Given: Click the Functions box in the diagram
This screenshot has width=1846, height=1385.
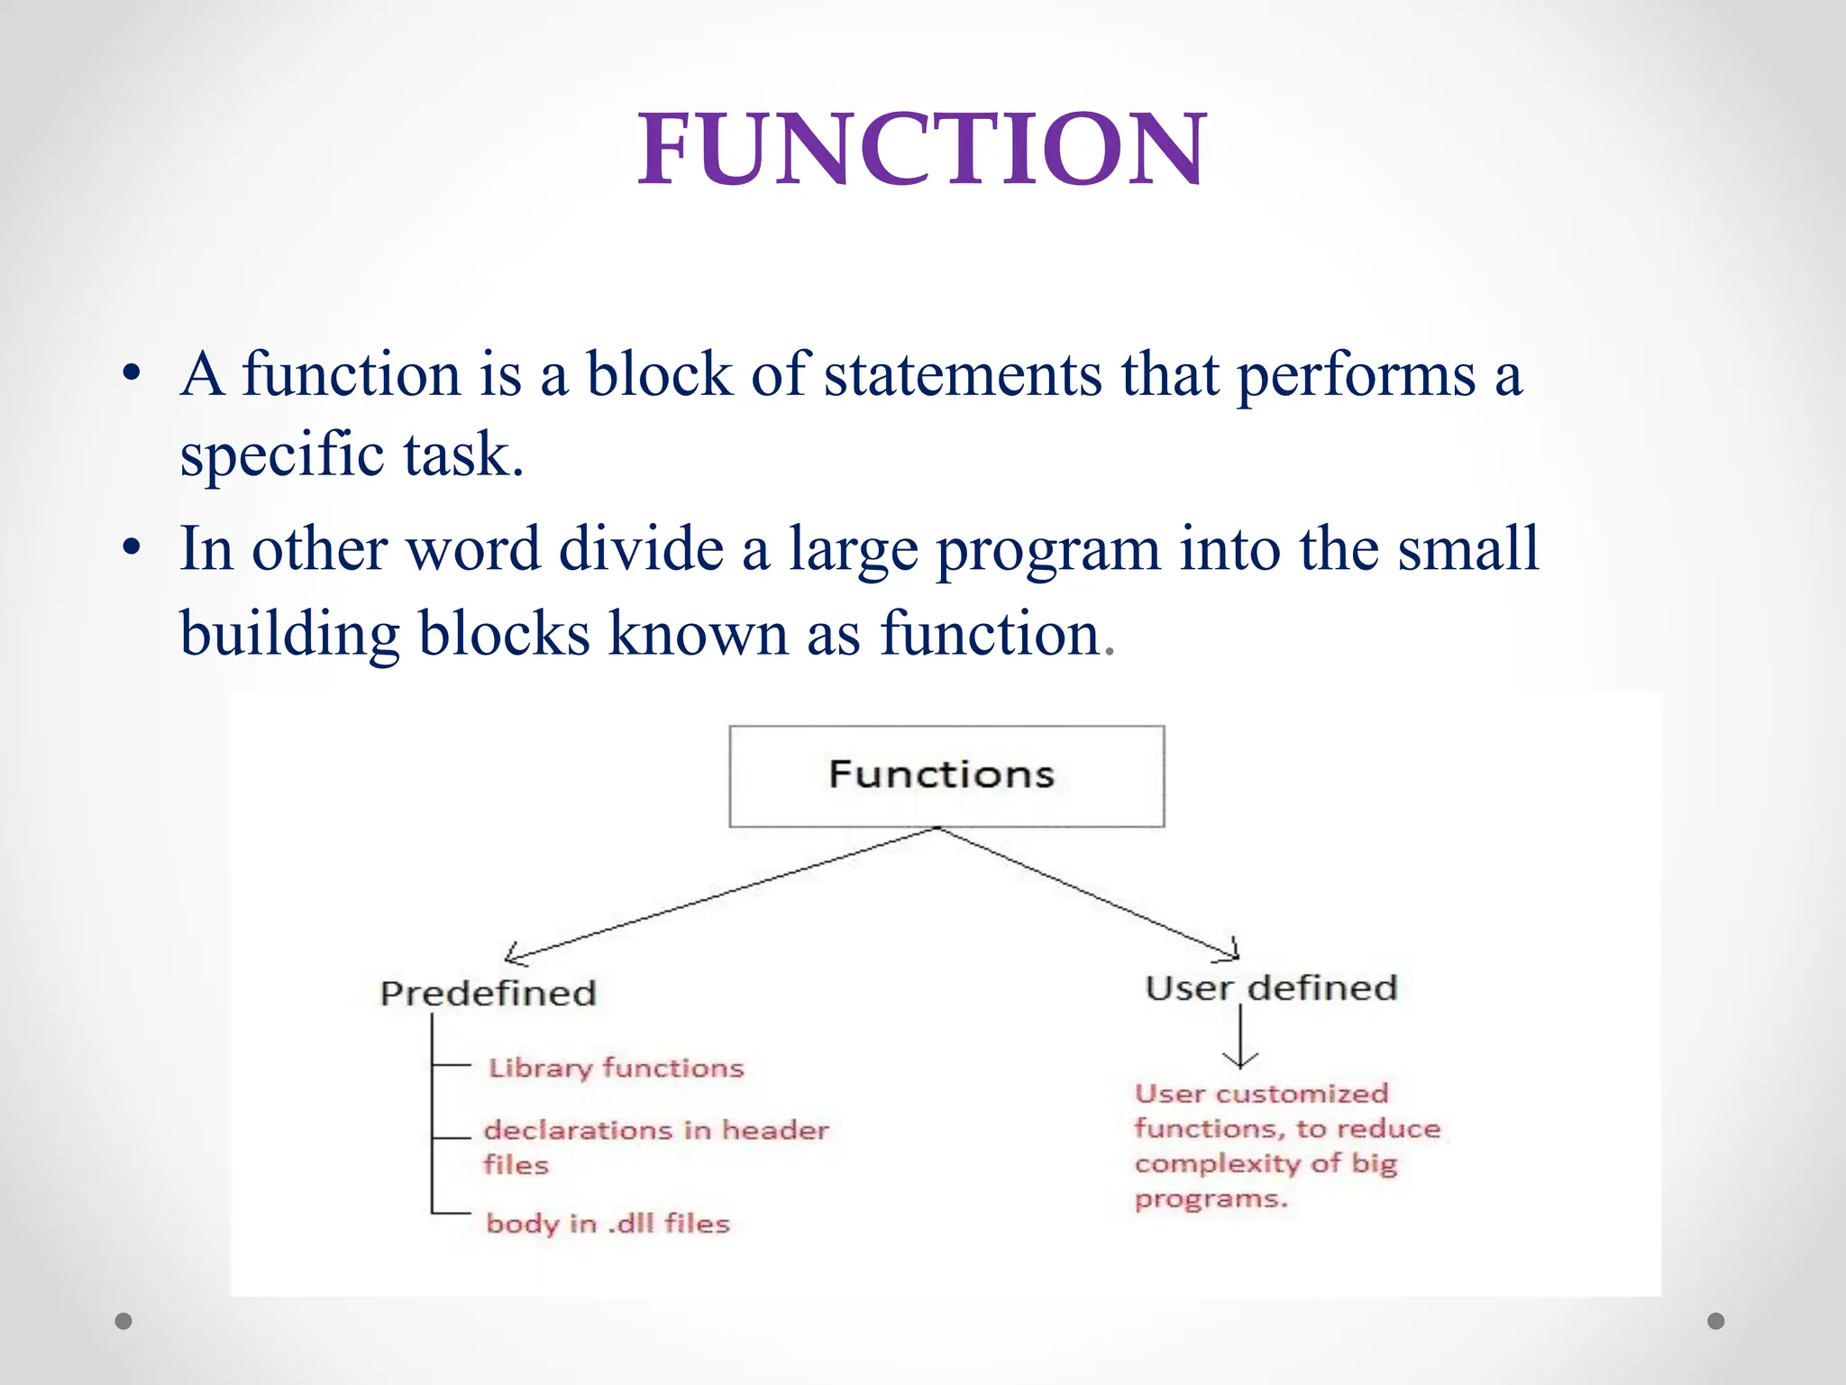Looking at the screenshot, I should tap(946, 776).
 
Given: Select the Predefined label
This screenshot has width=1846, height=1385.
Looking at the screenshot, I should tap(488, 994).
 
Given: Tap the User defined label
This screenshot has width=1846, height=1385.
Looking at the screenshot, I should tap(1271, 988).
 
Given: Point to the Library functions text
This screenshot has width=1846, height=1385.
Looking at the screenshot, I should tap(616, 1069).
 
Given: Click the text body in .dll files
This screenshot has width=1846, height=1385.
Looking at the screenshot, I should tap(608, 1224).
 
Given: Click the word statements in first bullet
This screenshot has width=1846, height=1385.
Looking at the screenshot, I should tap(962, 374).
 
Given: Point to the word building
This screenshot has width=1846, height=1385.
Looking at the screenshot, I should tap(289, 634).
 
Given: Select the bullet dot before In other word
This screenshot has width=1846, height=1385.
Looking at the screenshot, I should tap(132, 548).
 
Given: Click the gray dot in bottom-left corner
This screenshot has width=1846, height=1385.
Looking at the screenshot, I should tap(123, 1321).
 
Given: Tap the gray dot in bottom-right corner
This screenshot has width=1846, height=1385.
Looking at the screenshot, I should tap(1716, 1321).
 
